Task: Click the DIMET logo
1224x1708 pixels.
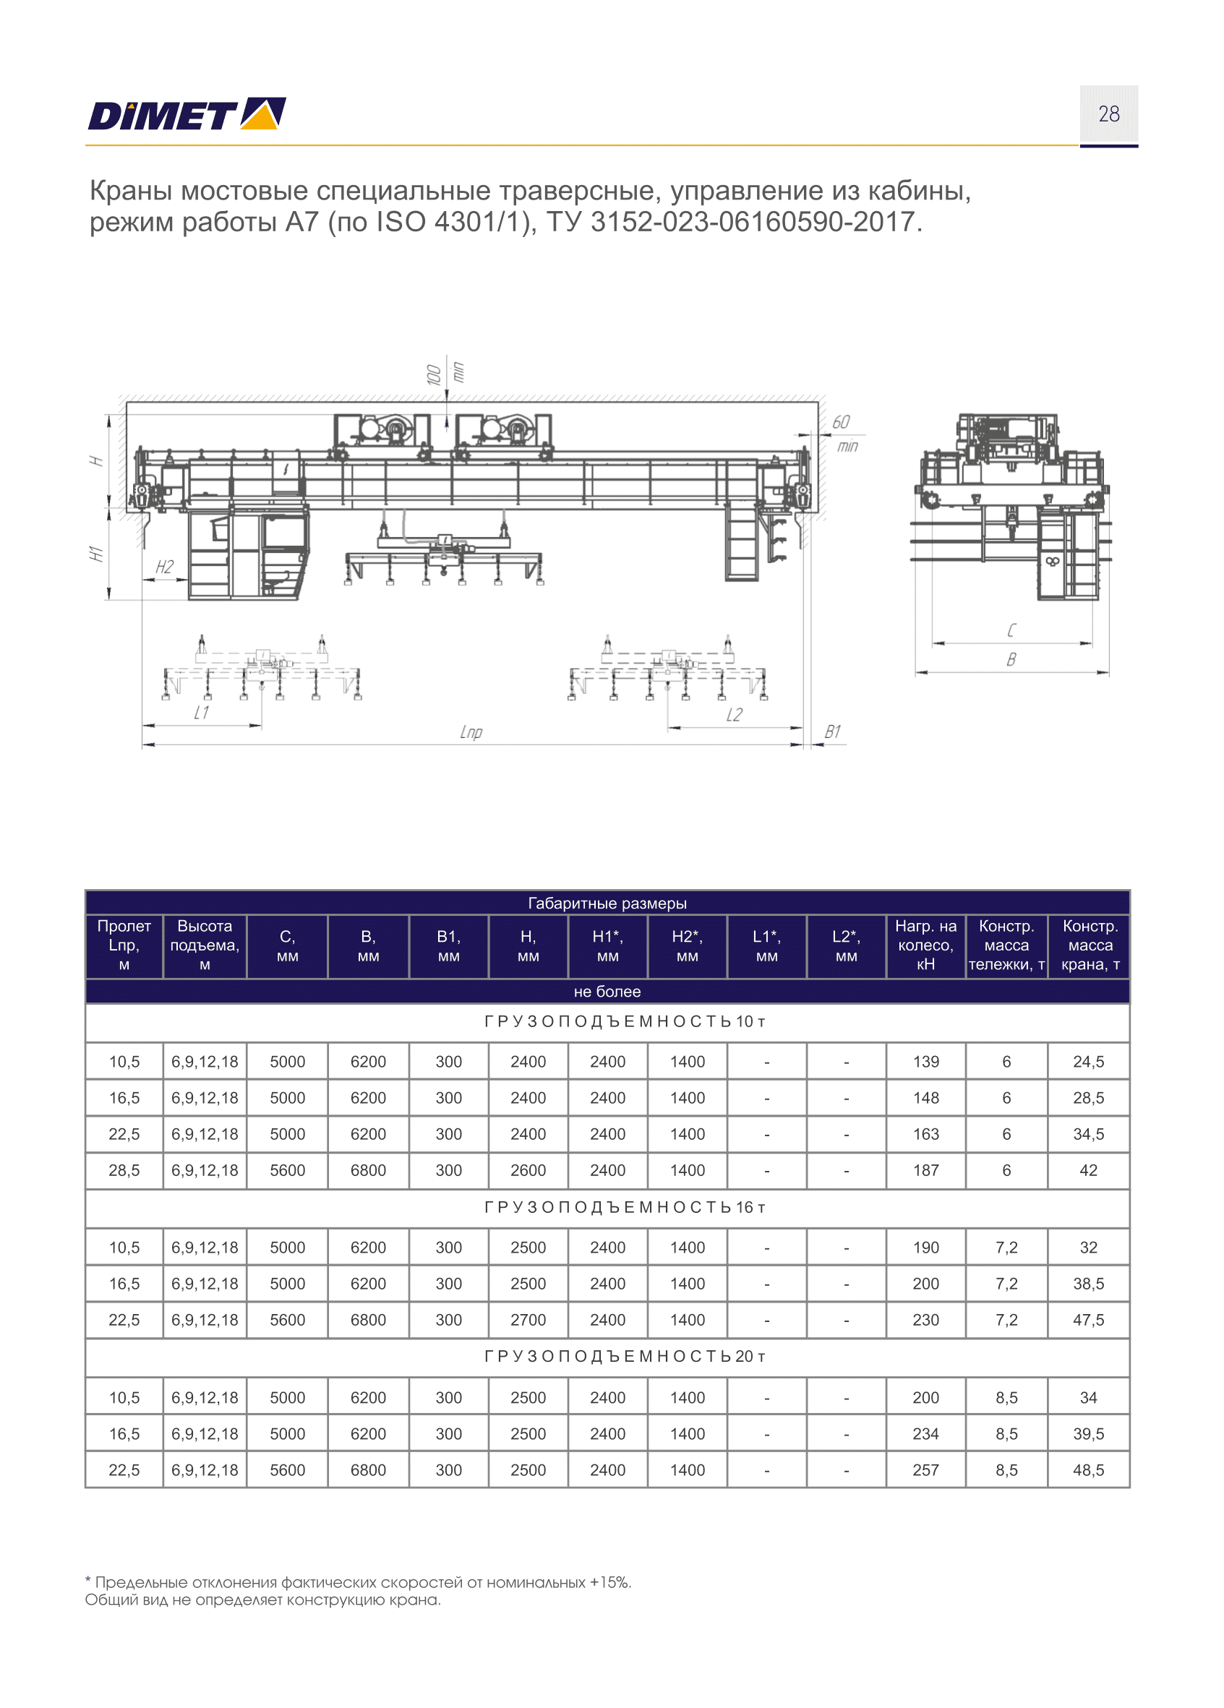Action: (187, 114)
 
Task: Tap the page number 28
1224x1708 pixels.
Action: (1109, 113)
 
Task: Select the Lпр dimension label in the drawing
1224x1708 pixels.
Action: (471, 732)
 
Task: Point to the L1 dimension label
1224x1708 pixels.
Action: (201, 713)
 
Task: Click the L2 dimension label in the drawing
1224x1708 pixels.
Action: (734, 715)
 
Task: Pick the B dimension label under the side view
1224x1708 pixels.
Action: (1011, 660)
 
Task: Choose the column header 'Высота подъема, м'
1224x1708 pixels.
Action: (204, 945)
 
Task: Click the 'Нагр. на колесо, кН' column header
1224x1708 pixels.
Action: (925, 945)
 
